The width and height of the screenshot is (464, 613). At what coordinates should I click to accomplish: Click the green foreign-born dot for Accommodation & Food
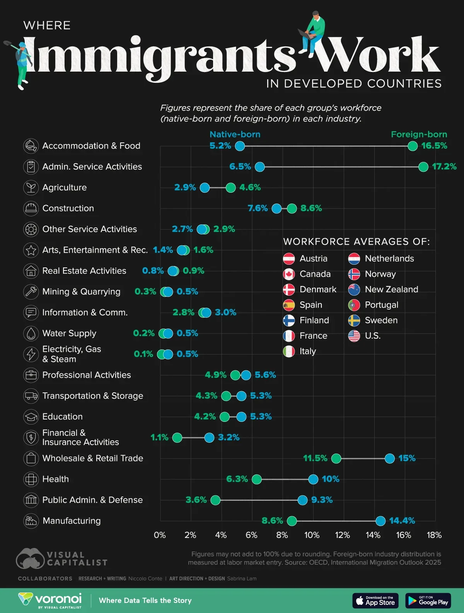tap(413, 146)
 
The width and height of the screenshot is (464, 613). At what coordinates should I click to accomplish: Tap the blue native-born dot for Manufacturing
tap(380, 521)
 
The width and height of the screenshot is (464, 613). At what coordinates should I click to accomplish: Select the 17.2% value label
tap(444, 167)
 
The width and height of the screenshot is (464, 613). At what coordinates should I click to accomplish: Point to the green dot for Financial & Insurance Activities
tap(177, 438)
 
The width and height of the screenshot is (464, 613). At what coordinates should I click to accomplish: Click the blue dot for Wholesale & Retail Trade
tap(390, 459)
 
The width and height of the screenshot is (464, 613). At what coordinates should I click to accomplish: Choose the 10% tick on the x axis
tap(312, 535)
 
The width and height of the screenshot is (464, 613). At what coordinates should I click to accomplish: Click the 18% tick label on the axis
tap(434, 535)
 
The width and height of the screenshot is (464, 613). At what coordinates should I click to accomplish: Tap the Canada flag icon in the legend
tap(289, 274)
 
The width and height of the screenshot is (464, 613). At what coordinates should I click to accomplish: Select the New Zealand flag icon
tap(354, 289)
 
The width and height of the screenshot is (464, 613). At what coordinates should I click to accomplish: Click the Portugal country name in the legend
tap(381, 305)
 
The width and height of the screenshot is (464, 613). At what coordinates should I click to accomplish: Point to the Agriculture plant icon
tap(31, 188)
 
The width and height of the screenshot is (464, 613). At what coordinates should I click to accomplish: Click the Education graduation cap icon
tap(31, 417)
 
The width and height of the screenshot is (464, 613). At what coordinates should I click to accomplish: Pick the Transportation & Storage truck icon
tap(31, 396)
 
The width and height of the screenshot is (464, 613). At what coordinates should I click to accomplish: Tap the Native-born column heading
tap(235, 134)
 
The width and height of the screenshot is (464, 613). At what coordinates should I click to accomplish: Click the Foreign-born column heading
tap(419, 134)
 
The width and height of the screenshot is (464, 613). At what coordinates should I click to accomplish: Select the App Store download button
tap(375, 601)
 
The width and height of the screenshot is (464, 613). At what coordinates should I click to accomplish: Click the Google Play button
tap(428, 601)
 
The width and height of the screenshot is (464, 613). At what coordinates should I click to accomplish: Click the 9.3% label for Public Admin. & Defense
tap(322, 500)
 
